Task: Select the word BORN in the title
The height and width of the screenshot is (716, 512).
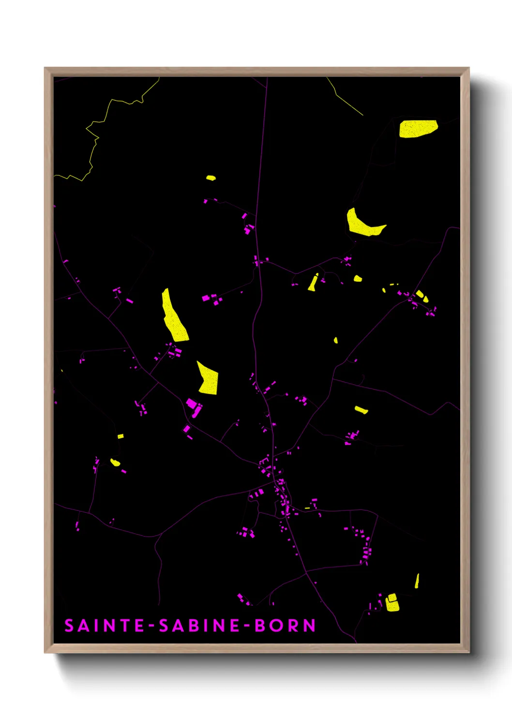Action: pos(285,626)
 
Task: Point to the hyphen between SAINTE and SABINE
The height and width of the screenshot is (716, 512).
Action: pos(152,626)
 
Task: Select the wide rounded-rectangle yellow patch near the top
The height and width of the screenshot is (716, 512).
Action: pos(418,129)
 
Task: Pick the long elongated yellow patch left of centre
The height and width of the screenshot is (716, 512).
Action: pos(174,317)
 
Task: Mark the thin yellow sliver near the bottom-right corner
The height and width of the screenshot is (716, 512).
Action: pos(417,581)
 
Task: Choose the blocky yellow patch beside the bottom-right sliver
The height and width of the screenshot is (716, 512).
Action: pos(392,603)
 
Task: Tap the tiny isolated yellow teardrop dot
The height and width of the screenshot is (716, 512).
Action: pos(335,341)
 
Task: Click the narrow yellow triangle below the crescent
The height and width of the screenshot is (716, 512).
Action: pos(313,283)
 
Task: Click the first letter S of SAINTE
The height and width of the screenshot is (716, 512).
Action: pos(70,626)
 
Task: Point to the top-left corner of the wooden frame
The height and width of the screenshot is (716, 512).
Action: pos(45,69)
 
